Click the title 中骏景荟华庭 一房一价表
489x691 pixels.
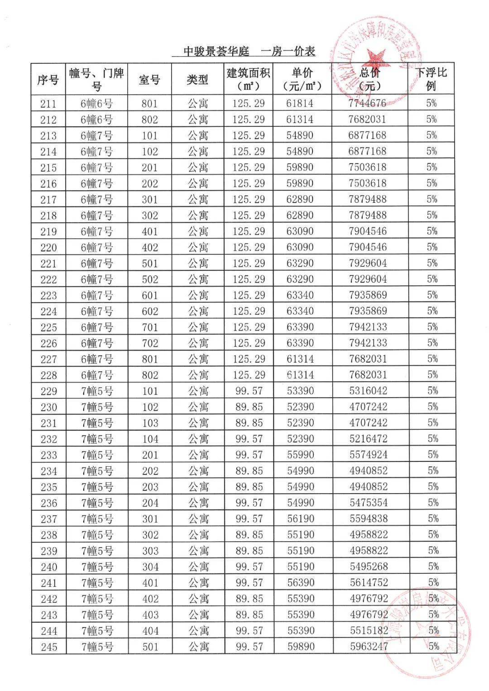coord(249,52)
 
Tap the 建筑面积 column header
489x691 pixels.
coord(249,79)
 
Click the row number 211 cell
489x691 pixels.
coord(48,104)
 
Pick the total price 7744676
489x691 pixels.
coord(368,103)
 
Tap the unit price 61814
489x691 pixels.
coord(300,103)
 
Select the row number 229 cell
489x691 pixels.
coord(48,391)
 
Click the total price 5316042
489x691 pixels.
coord(368,391)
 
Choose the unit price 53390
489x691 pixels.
coord(300,391)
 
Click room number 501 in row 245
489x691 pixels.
coord(150,647)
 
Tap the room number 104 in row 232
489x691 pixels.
coord(150,439)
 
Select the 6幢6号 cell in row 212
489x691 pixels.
coord(96,120)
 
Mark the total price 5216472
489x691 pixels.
coord(368,439)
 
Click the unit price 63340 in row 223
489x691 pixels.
coord(300,295)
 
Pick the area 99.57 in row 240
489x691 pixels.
coord(249,566)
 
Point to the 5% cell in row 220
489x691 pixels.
coord(432,247)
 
